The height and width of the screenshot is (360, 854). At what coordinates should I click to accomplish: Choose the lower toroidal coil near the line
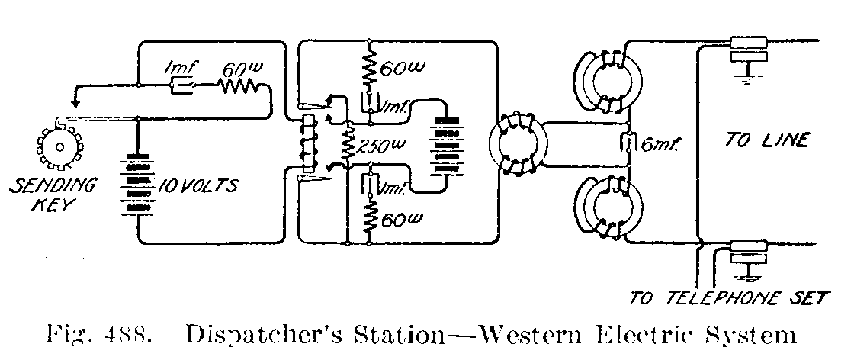point(608,209)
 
